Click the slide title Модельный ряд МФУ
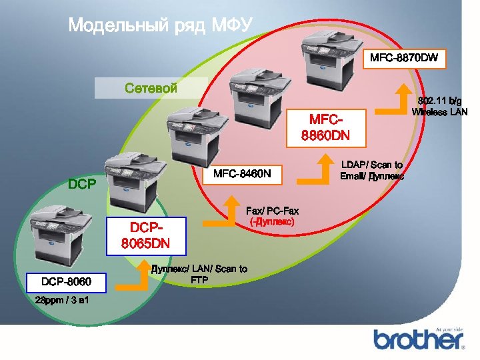coord(160,26)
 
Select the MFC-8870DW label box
coord(404,58)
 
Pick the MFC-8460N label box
coord(242,175)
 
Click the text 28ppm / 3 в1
coord(63,302)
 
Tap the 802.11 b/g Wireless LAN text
coord(439,106)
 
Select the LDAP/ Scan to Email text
coord(371,170)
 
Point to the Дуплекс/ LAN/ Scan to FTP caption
coord(199,273)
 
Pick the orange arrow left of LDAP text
coord(313,171)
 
